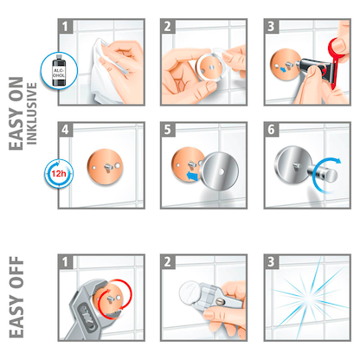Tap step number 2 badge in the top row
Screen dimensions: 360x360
[169, 27]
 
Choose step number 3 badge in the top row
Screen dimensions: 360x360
[272, 27]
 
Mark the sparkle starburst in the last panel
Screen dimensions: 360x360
[302, 299]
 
